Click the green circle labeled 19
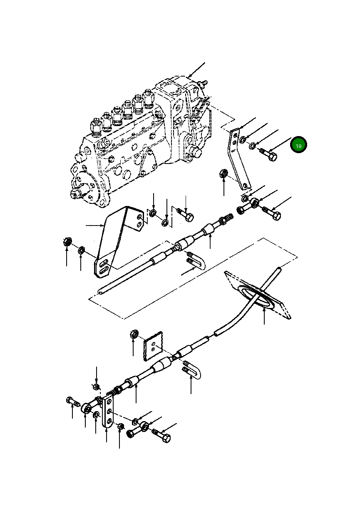[298, 145]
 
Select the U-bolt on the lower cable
[191, 370]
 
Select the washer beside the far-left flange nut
[82, 250]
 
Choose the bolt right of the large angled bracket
[186, 215]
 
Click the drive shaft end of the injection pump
[77, 193]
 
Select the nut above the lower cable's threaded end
[96, 387]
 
